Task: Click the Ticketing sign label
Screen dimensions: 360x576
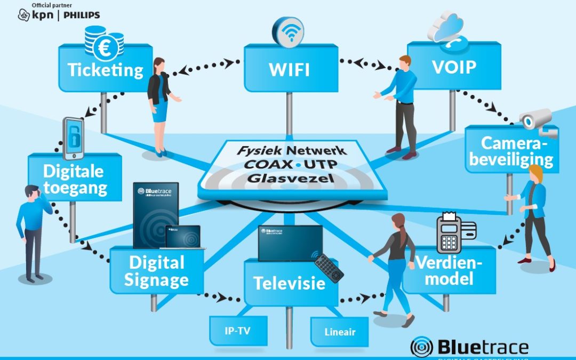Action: point(106,70)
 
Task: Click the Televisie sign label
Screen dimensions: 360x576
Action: point(290,283)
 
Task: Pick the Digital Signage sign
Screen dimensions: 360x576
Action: point(156,270)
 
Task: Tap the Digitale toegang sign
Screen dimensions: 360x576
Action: point(75,179)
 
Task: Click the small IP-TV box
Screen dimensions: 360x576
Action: point(237,331)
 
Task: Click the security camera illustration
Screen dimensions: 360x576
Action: point(539,122)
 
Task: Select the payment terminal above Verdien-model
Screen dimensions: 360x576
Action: point(449,234)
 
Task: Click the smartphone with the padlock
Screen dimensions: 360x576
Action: point(74,138)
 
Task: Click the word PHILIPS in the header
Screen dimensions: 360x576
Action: point(82,15)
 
